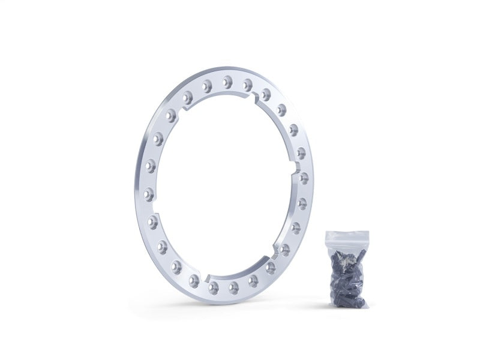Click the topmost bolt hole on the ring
(x=227, y=82)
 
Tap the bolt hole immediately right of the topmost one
(x=247, y=85)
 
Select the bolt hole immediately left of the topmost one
(x=207, y=86)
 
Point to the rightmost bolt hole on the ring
(x=304, y=178)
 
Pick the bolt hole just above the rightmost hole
(x=301, y=153)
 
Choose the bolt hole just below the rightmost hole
(x=302, y=203)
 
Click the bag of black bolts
(x=347, y=273)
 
